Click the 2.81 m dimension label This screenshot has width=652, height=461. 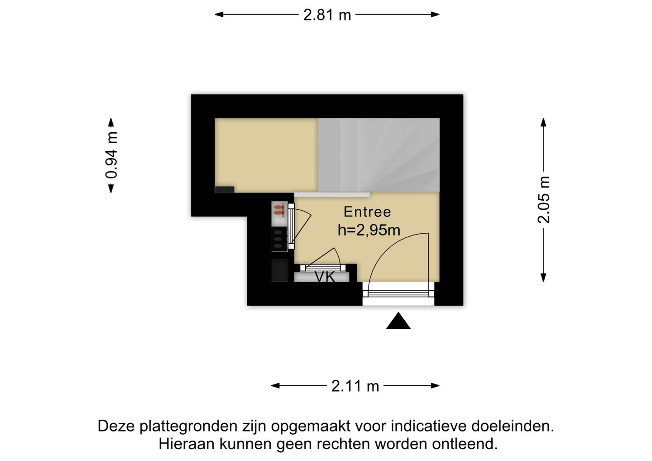327,15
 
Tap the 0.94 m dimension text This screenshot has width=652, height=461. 111,155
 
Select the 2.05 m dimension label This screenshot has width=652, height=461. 543,200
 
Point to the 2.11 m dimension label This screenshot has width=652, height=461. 355,386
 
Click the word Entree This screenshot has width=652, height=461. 367,212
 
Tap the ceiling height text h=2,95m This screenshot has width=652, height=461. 369,230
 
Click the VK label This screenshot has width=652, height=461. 325,277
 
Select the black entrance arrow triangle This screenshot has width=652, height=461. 398,321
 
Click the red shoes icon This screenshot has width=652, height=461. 279,210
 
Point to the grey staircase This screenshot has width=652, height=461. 379,154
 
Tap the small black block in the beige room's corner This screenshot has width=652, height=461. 224,189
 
